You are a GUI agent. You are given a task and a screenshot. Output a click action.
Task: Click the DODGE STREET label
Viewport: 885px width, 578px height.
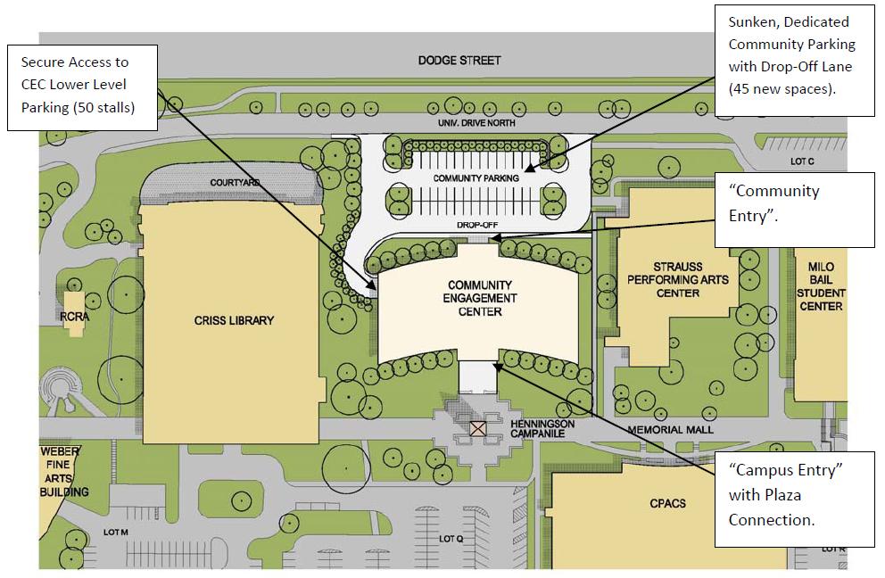pyautogui.click(x=459, y=61)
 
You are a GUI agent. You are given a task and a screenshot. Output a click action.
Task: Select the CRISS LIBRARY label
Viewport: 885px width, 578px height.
pyautogui.click(x=235, y=321)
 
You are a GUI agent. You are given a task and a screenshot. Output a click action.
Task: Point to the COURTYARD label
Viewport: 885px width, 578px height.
pyautogui.click(x=236, y=183)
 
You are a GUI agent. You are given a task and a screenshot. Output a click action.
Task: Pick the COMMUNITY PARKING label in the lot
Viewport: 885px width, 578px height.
pyautogui.click(x=476, y=178)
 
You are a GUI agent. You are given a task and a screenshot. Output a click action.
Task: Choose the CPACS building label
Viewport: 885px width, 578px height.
pyautogui.click(x=667, y=503)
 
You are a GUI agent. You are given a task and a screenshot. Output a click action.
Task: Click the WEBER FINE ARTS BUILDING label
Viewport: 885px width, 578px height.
pyautogui.click(x=64, y=472)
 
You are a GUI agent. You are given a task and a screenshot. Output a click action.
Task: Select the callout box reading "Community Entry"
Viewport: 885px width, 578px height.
pyautogui.click(x=794, y=210)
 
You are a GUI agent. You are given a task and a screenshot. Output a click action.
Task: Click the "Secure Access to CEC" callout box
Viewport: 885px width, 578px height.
pyautogui.click(x=82, y=87)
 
